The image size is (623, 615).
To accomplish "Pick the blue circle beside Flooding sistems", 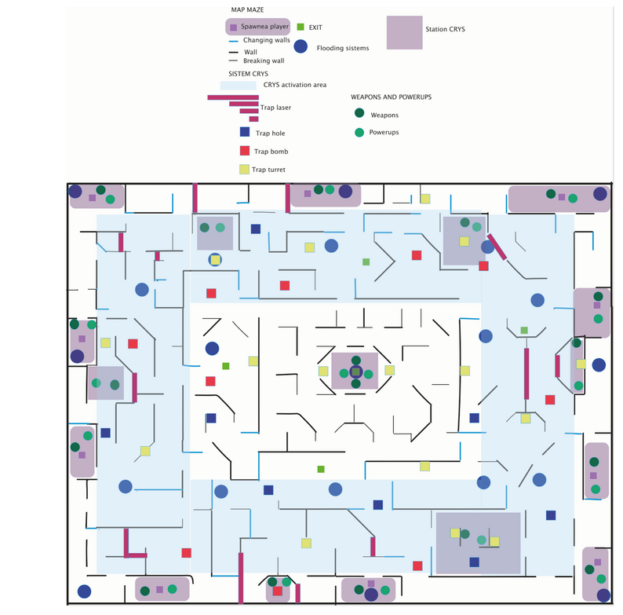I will click(301, 46).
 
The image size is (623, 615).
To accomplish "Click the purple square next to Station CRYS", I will click(405, 33).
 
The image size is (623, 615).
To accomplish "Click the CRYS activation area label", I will click(294, 85).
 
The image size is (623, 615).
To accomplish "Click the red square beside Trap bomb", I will click(244, 150).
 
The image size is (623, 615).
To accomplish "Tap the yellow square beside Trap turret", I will click(244, 168).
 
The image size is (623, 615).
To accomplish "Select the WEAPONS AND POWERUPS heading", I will click(391, 97).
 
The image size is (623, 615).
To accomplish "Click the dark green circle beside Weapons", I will click(359, 114).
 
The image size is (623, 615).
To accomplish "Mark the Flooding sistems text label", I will click(342, 48).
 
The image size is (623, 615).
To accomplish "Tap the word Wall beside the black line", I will click(250, 51).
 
